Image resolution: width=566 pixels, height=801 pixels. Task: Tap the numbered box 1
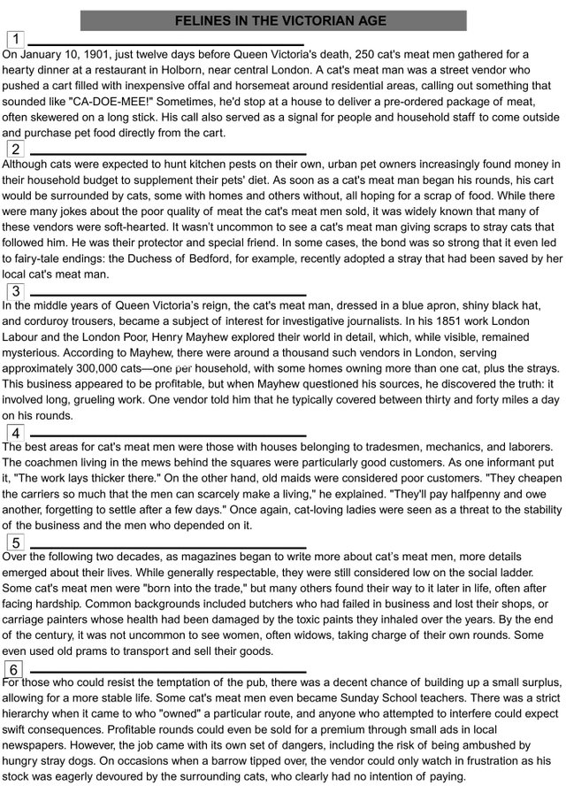coord(16,39)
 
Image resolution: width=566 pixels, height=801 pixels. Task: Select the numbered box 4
coord(16,433)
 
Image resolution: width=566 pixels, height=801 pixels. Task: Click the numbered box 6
coord(16,668)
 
